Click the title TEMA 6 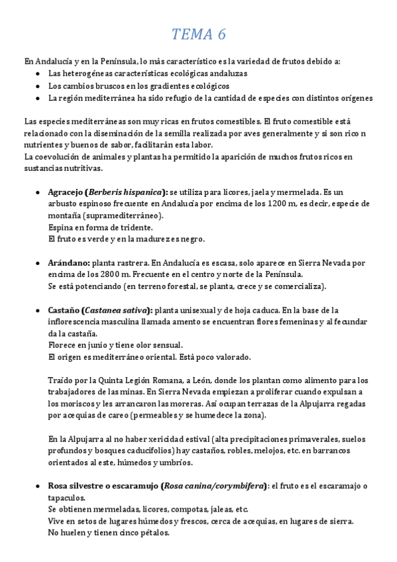coord(198,34)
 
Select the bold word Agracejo coord(66,192)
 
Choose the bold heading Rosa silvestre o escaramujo coord(102,486)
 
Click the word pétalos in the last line coord(154,533)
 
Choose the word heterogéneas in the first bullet coord(91,74)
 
